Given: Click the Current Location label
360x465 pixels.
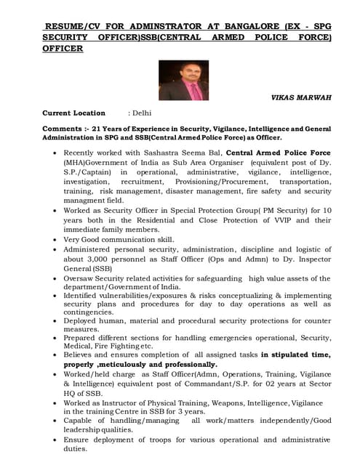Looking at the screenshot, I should (73, 113).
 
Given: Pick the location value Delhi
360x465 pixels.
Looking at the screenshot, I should (142, 113).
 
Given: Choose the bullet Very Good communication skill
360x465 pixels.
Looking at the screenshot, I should (119, 239).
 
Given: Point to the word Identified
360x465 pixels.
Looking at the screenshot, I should (84, 296).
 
